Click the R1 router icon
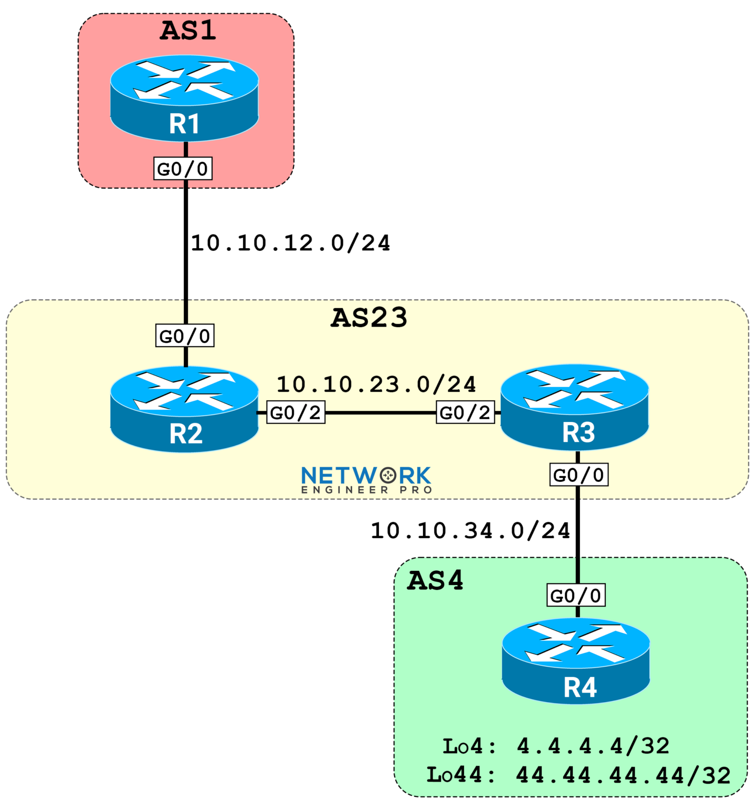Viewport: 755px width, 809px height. click(x=184, y=98)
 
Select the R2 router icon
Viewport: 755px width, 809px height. click(x=184, y=409)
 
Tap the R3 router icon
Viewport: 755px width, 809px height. click(x=574, y=407)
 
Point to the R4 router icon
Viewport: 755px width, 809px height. click(x=576, y=661)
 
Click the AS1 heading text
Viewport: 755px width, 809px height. click(x=188, y=31)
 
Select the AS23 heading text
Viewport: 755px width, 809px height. click(x=369, y=318)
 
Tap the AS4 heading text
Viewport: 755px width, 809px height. click(x=435, y=580)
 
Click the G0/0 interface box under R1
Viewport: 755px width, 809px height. click(x=183, y=169)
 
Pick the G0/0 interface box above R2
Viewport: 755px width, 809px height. click(x=185, y=336)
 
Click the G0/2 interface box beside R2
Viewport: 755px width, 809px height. click(x=296, y=412)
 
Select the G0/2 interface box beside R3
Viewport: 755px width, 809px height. click(x=465, y=412)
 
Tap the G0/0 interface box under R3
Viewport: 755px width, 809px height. click(x=578, y=475)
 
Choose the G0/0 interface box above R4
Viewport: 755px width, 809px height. click(x=576, y=595)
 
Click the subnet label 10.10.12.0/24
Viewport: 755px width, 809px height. click(x=291, y=243)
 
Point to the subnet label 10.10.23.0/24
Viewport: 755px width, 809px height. click(x=376, y=384)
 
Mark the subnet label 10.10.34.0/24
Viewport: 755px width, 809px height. click(x=470, y=530)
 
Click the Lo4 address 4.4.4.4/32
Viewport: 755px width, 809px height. click(x=593, y=746)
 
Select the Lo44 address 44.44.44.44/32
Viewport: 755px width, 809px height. click(x=623, y=775)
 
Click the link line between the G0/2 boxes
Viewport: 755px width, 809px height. click(x=380, y=412)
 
